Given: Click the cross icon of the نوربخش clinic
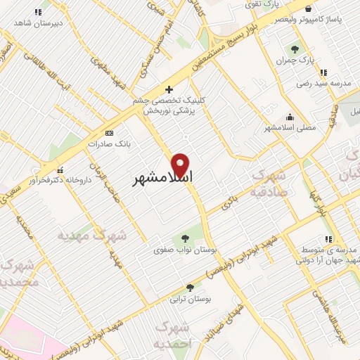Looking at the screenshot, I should click(168, 89).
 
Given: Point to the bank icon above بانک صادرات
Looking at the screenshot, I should click(108, 132).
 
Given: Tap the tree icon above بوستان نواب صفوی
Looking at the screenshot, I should click(186, 238).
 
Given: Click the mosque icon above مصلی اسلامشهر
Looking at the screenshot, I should click(290, 117).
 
